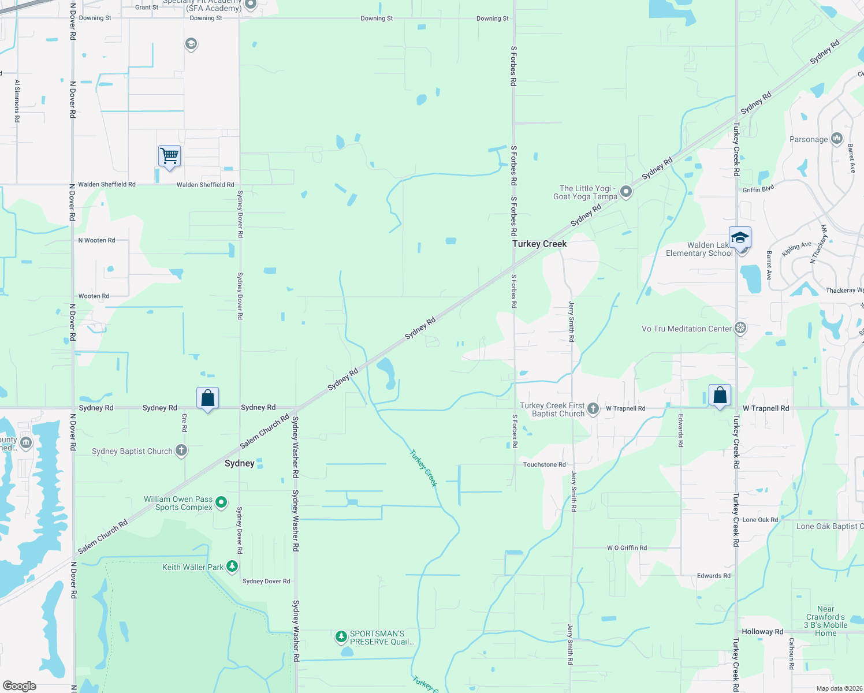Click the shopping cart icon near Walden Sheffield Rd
coord(169,155)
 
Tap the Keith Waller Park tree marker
coord(232,567)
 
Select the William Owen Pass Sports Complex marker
coord(221,503)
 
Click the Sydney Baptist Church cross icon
coord(181,451)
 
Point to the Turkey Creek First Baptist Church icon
coord(593,409)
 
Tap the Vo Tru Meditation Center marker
coord(740,329)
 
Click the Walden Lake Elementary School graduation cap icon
coord(740,237)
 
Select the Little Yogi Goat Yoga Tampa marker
coord(625,192)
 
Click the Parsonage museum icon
coord(837,139)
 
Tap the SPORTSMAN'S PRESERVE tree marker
coord(341,637)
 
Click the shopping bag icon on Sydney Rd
coord(207,398)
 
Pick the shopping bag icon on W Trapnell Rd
coord(720,396)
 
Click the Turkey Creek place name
coord(539,244)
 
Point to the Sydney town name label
coord(239,463)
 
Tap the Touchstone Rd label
coord(544,464)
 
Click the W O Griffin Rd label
coord(627,547)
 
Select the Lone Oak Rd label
coord(759,520)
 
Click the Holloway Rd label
coord(762,632)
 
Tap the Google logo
coord(20,685)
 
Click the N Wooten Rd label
coord(96,240)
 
